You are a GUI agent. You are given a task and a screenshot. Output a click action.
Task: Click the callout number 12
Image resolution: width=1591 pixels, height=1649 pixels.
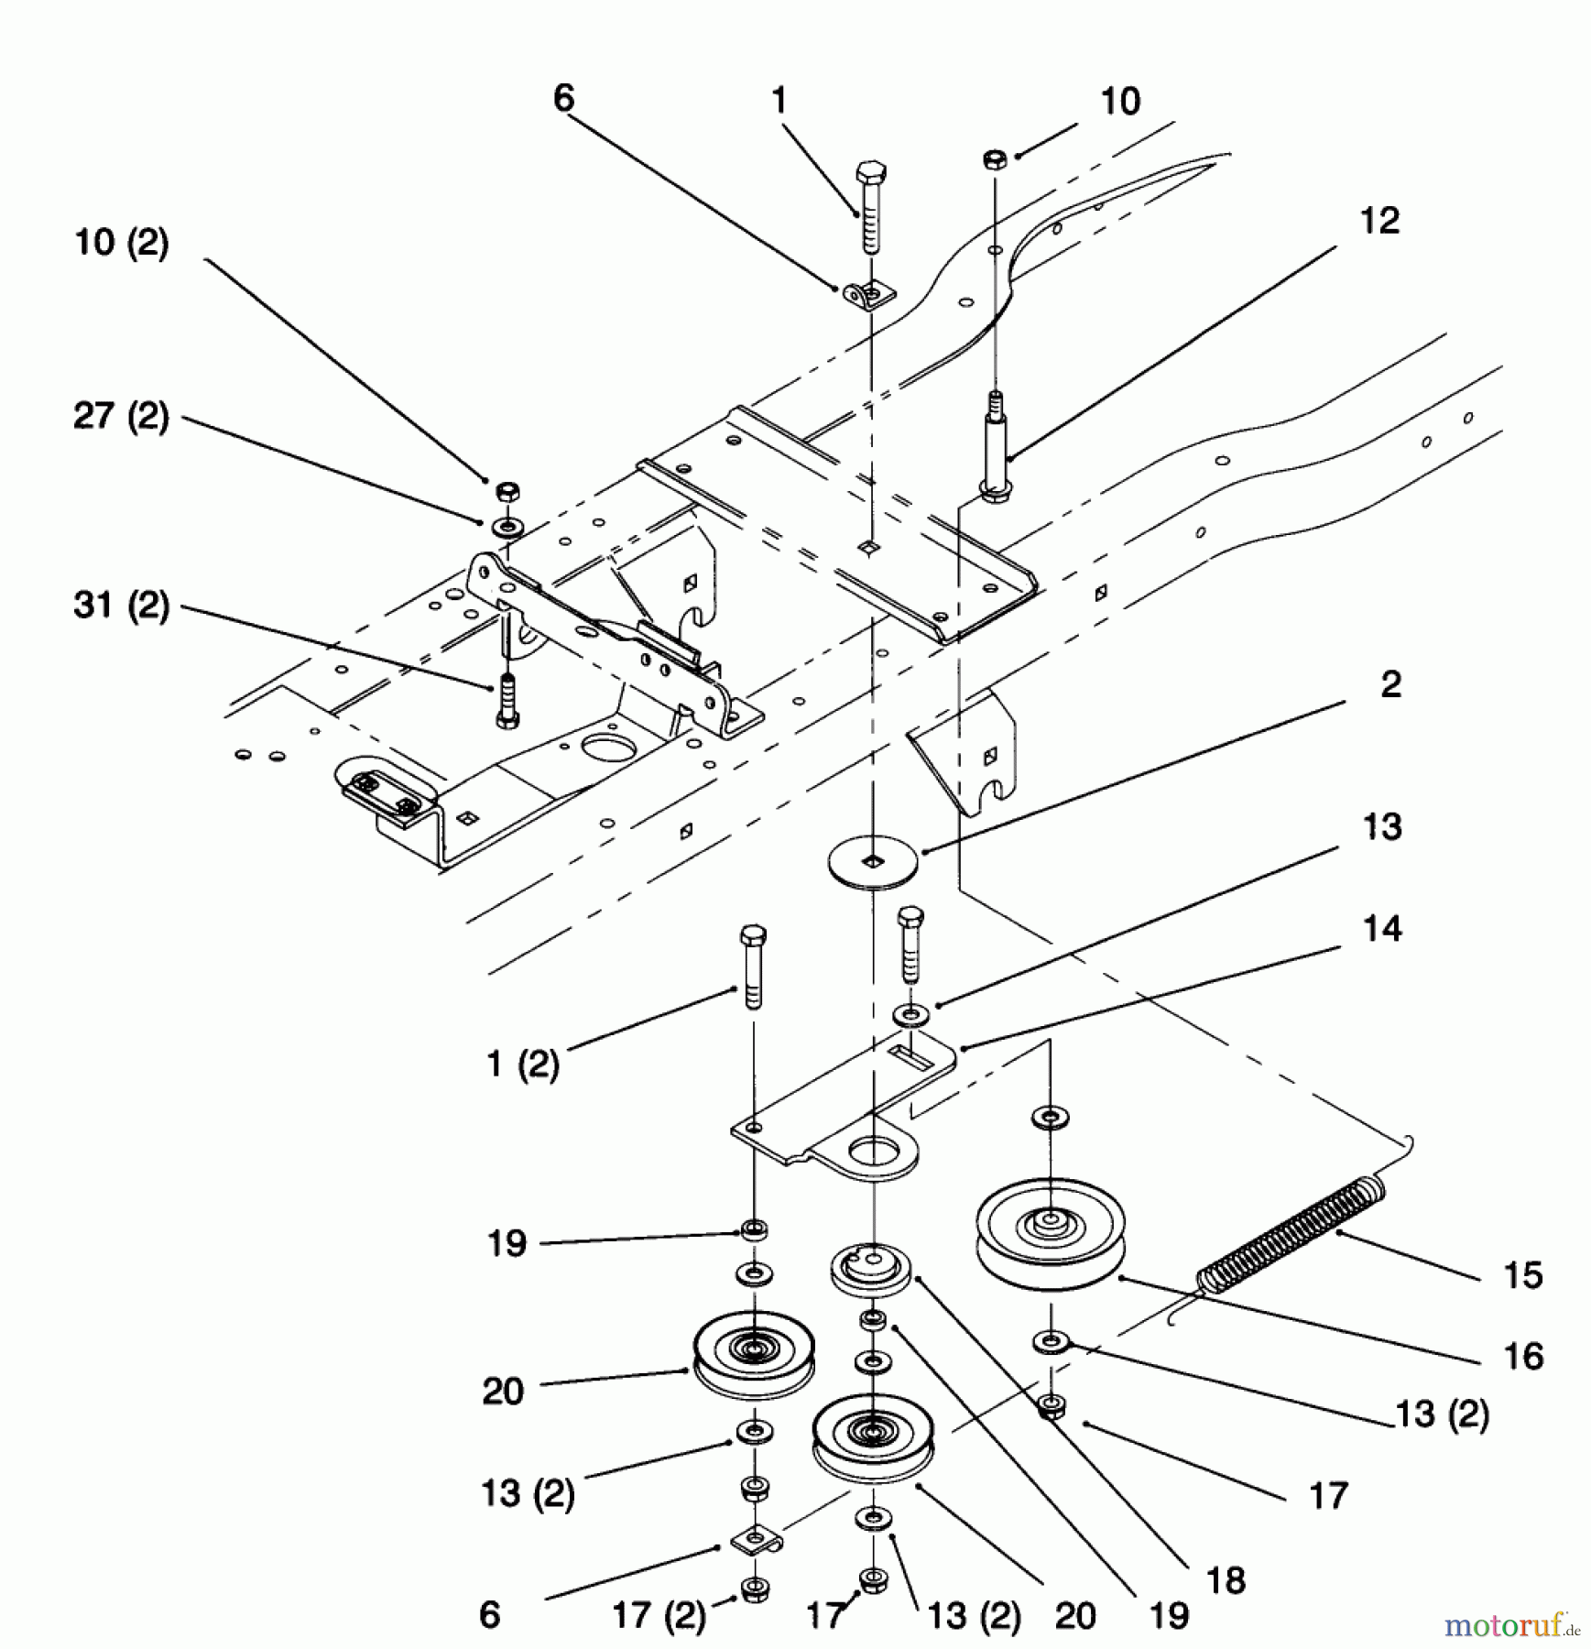pyautogui.click(x=1379, y=221)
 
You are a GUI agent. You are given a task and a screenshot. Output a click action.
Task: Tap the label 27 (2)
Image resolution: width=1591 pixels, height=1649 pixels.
pyautogui.click(x=121, y=417)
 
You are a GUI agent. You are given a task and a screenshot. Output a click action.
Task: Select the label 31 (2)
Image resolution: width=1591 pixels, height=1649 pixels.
pyautogui.click(x=121, y=606)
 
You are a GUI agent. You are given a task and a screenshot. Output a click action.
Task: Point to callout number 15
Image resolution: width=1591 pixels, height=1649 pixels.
pyautogui.click(x=1523, y=1274)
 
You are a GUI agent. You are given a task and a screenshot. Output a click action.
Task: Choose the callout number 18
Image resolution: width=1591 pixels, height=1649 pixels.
pyautogui.click(x=1226, y=1580)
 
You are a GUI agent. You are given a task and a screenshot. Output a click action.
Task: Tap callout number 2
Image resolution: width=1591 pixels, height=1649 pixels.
pyautogui.click(x=1390, y=684)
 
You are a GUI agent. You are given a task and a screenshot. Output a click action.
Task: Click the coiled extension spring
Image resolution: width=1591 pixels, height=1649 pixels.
pyautogui.click(x=1291, y=1237)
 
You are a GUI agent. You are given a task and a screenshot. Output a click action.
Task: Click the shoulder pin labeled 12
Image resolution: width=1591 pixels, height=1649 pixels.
pyautogui.click(x=995, y=444)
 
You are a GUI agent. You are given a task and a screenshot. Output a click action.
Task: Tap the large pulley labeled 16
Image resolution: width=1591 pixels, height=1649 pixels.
pyautogui.click(x=1050, y=1233)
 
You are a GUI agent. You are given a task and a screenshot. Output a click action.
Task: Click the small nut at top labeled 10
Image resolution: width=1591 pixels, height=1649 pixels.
pyautogui.click(x=996, y=158)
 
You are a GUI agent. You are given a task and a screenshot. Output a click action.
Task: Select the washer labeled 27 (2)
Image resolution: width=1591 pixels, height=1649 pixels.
pyautogui.click(x=505, y=527)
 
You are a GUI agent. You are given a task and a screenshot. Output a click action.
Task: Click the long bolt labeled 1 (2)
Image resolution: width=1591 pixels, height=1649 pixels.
pyautogui.click(x=753, y=967)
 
